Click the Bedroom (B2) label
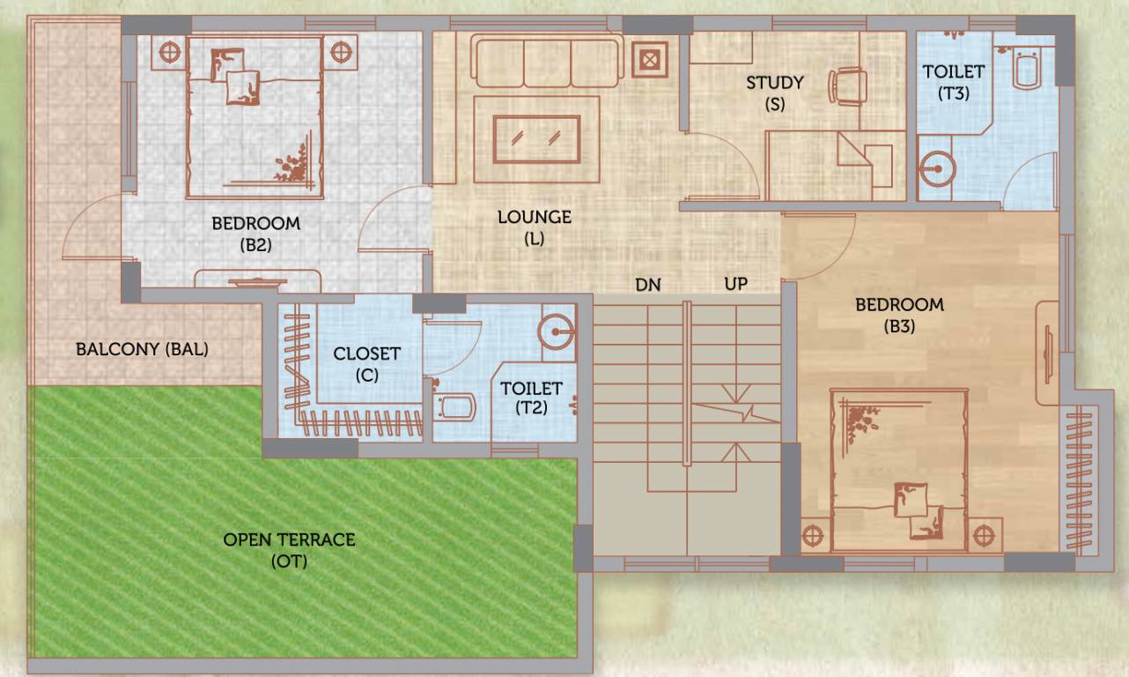(x=255, y=234)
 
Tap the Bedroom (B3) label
(x=899, y=316)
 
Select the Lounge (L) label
(x=534, y=227)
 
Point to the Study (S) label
(x=775, y=93)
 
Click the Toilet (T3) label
(x=954, y=81)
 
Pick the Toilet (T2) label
(x=531, y=398)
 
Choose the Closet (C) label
(x=366, y=363)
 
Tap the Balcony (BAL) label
(x=142, y=349)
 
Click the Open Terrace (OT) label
(x=289, y=549)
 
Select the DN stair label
(x=648, y=285)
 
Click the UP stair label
(x=735, y=285)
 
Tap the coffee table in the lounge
(x=536, y=138)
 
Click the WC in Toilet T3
(x=1028, y=69)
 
